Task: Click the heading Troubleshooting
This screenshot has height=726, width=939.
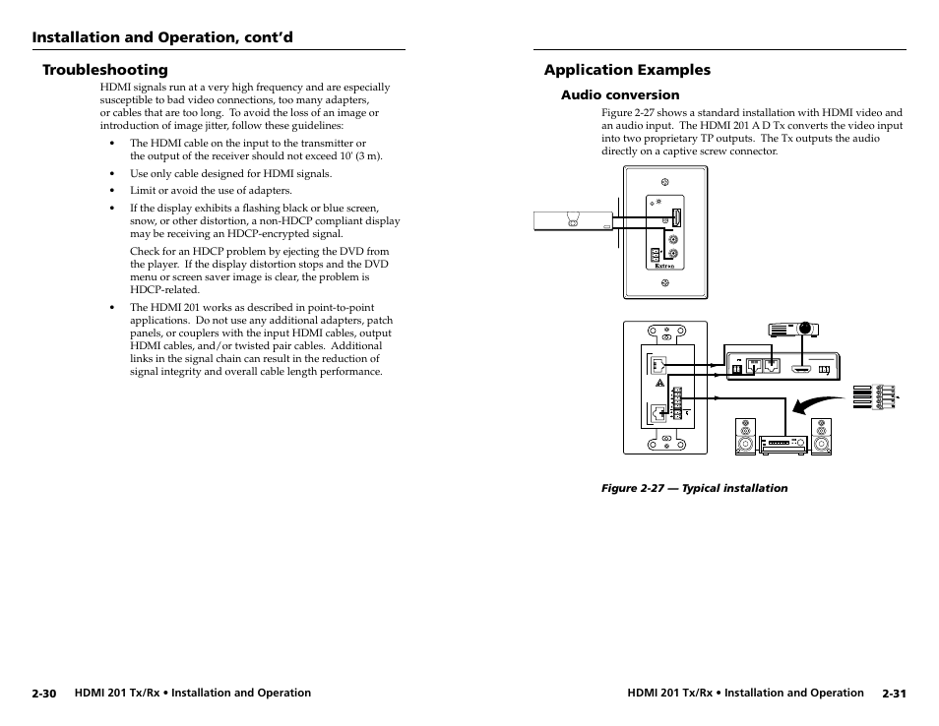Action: coord(104,70)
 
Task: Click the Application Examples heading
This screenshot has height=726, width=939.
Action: coord(627,70)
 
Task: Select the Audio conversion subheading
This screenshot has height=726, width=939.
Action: coord(620,95)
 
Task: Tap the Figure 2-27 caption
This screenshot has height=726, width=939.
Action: coord(694,488)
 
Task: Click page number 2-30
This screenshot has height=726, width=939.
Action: coord(43,694)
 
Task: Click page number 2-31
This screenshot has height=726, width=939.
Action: coord(894,694)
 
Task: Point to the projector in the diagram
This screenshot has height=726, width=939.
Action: coord(793,330)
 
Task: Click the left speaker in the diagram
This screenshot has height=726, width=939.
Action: coord(745,437)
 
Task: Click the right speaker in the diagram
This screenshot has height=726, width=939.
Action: coord(821,437)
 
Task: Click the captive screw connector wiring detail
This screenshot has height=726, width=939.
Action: coord(875,396)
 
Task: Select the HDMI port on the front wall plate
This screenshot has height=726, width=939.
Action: coord(677,218)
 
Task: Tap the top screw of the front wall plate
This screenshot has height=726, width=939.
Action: coord(664,182)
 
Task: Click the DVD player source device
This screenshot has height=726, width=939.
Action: coord(571,220)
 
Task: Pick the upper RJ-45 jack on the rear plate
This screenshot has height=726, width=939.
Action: coord(657,364)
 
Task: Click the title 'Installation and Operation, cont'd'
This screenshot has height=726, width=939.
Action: coord(162,37)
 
